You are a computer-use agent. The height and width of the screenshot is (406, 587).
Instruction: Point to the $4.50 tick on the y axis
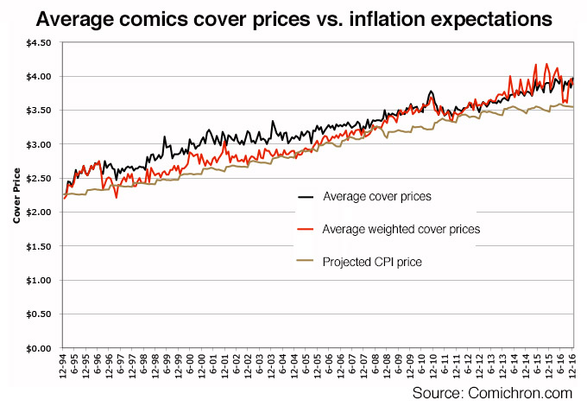coord(39,42)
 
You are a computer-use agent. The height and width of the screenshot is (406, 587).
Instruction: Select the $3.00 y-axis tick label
coord(39,144)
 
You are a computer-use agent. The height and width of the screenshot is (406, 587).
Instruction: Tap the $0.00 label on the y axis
coord(39,348)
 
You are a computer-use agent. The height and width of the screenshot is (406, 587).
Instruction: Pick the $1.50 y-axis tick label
coord(39,246)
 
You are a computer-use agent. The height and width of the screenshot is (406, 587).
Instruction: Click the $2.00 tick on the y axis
coord(39,213)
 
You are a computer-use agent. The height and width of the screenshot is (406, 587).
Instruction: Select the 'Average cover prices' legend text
coord(376,197)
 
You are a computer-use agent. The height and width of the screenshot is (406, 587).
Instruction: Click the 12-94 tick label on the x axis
coord(66,368)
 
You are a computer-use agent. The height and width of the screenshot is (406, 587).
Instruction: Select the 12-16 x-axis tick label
coord(573,368)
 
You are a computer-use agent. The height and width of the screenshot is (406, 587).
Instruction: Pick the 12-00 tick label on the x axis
coord(204,368)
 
